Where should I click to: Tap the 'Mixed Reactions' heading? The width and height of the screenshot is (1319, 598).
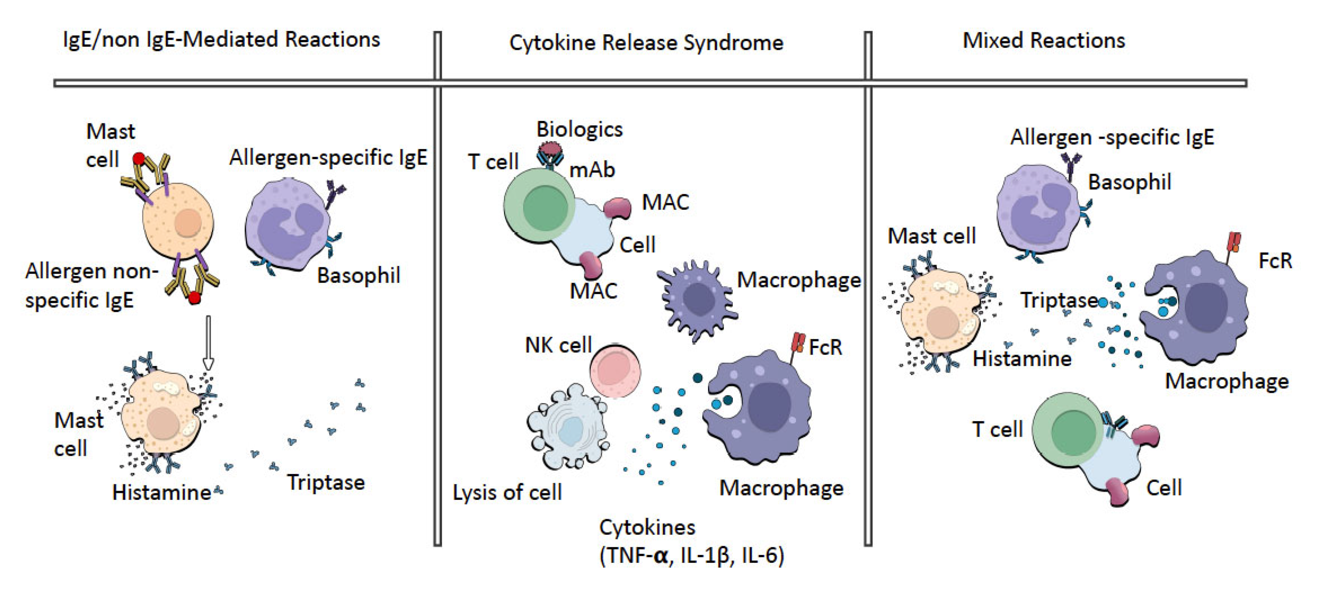click(1044, 40)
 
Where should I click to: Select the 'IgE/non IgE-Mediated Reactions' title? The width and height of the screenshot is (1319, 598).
click(221, 39)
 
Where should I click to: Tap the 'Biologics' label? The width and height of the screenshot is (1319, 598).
click(579, 129)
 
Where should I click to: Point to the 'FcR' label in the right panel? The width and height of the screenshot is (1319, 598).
click(1275, 261)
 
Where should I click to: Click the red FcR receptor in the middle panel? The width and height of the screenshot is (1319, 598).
click(798, 342)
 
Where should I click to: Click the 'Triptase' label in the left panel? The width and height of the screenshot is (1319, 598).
click(326, 482)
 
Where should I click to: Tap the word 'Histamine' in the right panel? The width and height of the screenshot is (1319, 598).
click(1021, 359)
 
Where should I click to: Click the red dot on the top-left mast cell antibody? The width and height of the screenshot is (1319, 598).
click(139, 159)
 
